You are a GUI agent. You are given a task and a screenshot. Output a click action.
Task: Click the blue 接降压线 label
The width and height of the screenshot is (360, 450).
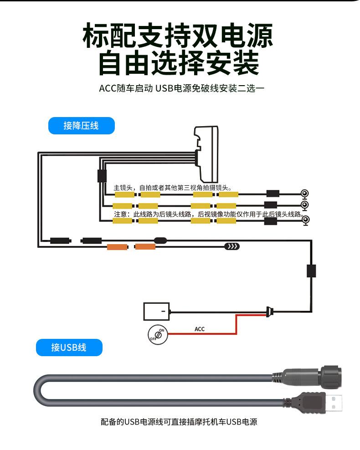click(x=81, y=126)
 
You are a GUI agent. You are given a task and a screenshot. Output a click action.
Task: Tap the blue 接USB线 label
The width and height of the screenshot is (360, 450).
click(x=69, y=348)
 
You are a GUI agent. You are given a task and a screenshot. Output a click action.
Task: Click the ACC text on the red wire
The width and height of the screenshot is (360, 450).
click(x=200, y=329)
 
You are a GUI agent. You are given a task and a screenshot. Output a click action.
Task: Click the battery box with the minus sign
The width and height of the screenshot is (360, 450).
click(x=156, y=312)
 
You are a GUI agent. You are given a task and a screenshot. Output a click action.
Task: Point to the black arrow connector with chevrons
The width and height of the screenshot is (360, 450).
click(x=232, y=247)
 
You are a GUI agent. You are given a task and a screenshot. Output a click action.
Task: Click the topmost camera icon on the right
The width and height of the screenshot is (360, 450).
click(x=305, y=194)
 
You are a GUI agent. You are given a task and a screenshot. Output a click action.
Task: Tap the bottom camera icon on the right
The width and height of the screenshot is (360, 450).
click(x=305, y=220)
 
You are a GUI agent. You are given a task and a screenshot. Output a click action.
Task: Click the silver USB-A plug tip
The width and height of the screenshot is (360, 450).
click(x=335, y=403)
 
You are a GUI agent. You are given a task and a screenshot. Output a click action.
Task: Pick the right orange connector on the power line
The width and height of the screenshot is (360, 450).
click(x=145, y=247)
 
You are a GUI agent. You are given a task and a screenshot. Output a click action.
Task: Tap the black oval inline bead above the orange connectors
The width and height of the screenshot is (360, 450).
click(x=161, y=240)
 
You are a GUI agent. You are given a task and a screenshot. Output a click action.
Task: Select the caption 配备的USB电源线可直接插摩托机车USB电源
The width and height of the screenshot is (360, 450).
click(x=179, y=422)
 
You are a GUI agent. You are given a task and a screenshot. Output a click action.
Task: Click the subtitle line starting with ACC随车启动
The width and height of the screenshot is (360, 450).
click(x=181, y=88)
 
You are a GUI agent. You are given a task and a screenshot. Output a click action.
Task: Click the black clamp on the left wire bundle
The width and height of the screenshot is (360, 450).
click(x=102, y=175)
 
